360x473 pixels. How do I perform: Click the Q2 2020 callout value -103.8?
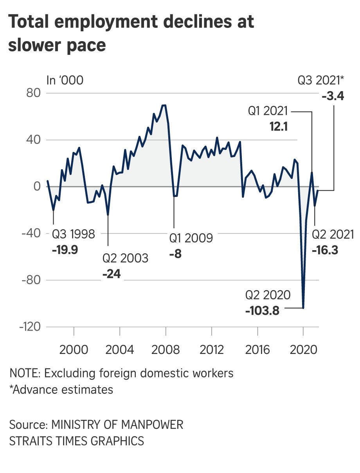(263, 311)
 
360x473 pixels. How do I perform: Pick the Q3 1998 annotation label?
(73, 235)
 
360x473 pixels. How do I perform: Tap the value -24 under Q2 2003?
(112, 274)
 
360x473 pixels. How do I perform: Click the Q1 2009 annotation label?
(191, 238)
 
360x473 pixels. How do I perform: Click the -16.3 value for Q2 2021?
(325, 250)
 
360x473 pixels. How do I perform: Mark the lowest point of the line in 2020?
(303, 308)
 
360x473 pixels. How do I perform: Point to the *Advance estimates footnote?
(61, 390)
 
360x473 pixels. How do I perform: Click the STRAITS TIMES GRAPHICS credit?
(77, 441)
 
